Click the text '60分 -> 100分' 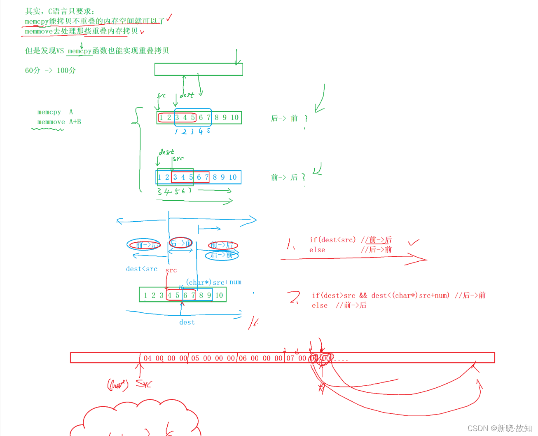pyautogui.click(x=50, y=70)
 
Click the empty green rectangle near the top pyautogui.click(x=199, y=69)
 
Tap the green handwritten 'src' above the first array pyautogui.click(x=161, y=96)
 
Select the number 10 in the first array pyautogui.click(x=234, y=117)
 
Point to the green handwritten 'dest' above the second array pyautogui.click(x=166, y=152)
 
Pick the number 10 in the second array pyautogui.click(x=233, y=177)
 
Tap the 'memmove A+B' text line pyautogui.click(x=59, y=122)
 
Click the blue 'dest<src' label pyautogui.click(x=142, y=269)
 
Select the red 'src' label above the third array pyautogui.click(x=171, y=270)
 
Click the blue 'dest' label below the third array pyautogui.click(x=187, y=322)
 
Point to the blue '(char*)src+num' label pyautogui.click(x=213, y=282)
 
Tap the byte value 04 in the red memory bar pyautogui.click(x=147, y=358)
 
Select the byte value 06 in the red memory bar pyautogui.click(x=243, y=358)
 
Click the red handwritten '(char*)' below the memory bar pyautogui.click(x=118, y=385)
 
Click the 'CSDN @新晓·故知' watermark pyautogui.click(x=500, y=428)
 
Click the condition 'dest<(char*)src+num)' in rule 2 pyautogui.click(x=410, y=295)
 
